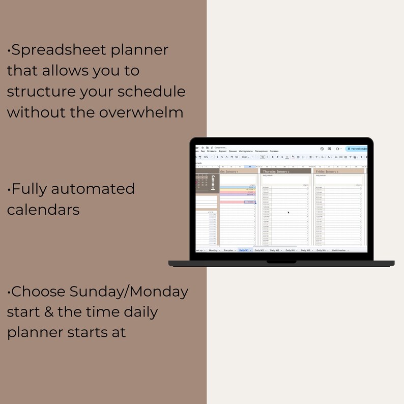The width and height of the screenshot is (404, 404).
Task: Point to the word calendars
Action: coord(43,209)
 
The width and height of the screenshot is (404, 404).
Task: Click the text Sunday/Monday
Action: coord(129,292)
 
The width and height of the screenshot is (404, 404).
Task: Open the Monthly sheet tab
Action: coord(214,250)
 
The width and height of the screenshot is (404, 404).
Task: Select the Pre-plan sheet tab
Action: coord(229,250)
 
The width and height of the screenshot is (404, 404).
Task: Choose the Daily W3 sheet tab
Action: coord(275,250)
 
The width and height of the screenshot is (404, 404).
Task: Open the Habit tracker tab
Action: coord(339,250)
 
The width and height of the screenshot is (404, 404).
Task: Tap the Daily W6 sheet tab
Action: coord(321,250)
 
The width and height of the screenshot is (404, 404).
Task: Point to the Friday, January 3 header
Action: coord(328,171)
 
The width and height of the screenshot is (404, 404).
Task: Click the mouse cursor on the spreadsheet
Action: coord(288,212)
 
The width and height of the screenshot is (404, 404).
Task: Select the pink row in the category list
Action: coord(237,202)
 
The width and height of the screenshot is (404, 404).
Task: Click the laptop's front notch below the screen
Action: coord(281,262)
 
